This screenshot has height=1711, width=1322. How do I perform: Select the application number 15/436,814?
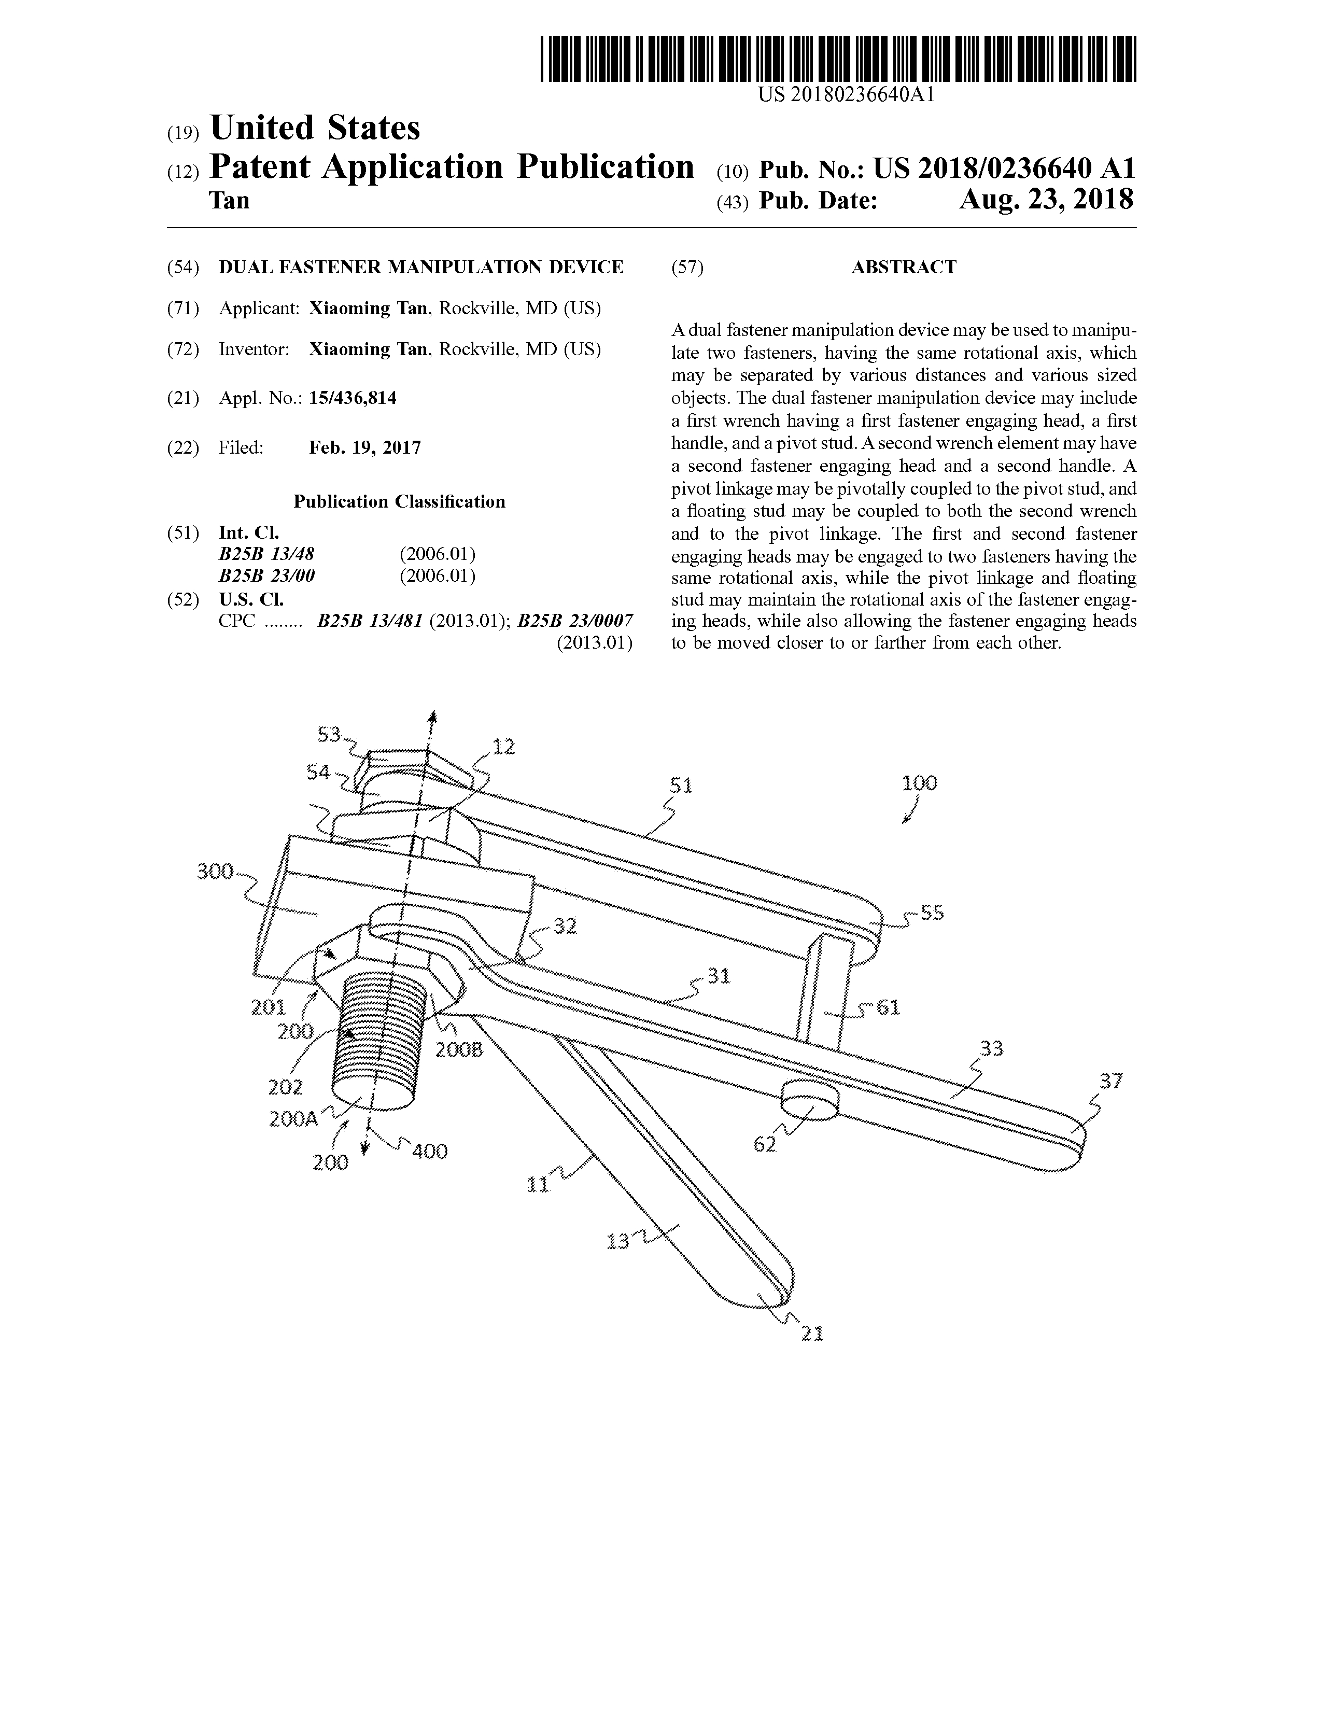point(353,399)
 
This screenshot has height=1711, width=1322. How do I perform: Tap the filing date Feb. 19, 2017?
point(365,448)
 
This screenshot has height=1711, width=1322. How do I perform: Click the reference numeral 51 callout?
point(681,784)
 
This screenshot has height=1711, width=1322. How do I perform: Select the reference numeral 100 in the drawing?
point(920,782)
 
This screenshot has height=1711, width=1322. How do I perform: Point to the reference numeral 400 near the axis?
point(429,1151)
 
